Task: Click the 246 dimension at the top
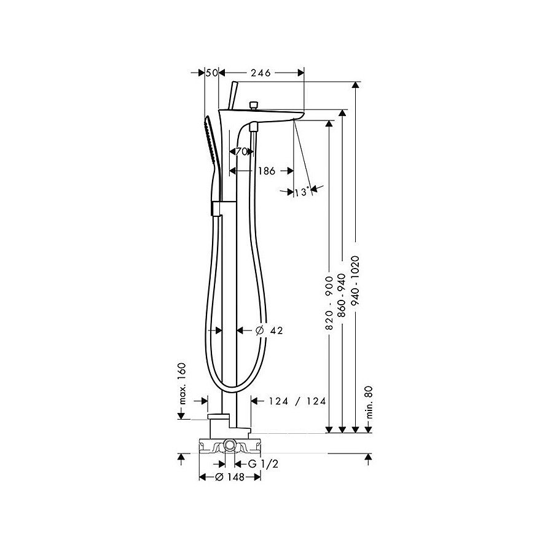(261, 73)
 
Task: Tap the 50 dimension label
(211, 73)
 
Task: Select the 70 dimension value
(241, 152)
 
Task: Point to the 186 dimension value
(266, 171)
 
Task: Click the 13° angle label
(302, 192)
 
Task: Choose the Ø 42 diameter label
(269, 331)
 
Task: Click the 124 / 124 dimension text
(297, 401)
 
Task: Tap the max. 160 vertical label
(182, 383)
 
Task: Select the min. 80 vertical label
(369, 402)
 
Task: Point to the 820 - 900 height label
(329, 303)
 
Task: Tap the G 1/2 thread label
(263, 464)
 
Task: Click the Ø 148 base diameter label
(230, 477)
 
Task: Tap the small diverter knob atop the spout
(253, 105)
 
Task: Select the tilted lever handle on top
(232, 95)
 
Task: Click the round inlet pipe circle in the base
(230, 446)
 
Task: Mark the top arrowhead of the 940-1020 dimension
(356, 85)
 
